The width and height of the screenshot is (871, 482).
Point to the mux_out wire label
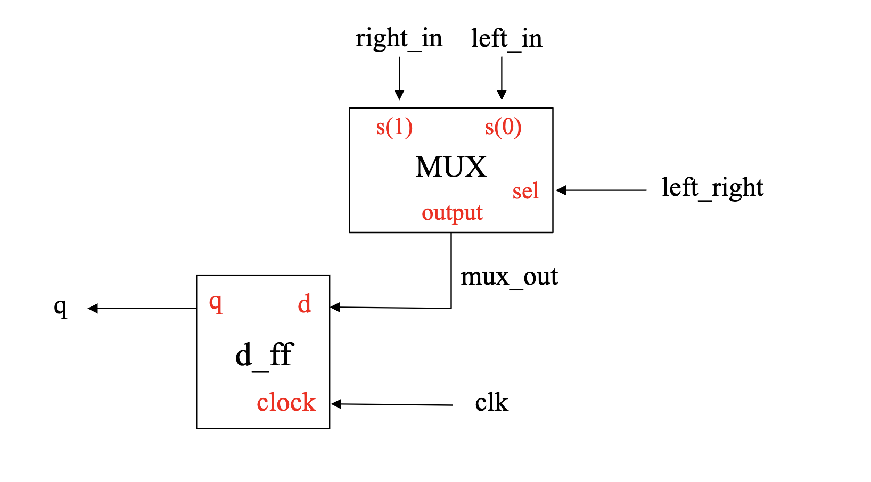[509, 277]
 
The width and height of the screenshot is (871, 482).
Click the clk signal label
[491, 403]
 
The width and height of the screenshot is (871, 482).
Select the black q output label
[61, 307]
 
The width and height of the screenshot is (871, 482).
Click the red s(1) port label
[394, 128]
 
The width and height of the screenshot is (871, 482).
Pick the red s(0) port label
[503, 128]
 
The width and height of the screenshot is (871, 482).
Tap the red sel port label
[525, 192]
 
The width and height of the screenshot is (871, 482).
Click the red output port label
[452, 213]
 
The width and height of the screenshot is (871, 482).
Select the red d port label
[304, 304]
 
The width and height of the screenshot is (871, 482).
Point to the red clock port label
[286, 403]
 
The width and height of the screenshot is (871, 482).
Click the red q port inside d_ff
[215, 303]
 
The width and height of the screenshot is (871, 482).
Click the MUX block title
[450, 167]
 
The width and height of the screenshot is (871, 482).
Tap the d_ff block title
[264, 355]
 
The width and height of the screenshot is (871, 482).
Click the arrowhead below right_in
[399, 95]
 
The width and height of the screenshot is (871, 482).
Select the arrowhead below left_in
[502, 95]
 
